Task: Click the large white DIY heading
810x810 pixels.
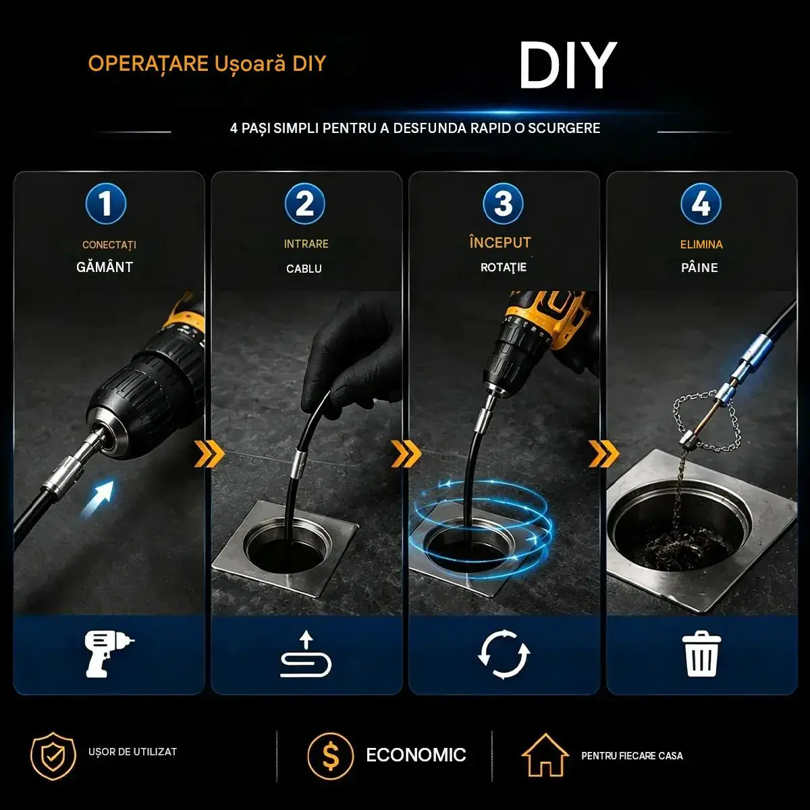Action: tap(568, 65)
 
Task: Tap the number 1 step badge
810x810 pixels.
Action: tap(105, 204)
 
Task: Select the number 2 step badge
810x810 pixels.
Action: tap(304, 204)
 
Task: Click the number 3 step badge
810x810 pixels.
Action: tap(503, 204)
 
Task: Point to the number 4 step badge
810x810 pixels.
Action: tap(701, 204)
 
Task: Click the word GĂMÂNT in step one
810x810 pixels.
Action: tap(105, 267)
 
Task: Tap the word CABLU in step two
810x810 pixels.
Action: tap(304, 269)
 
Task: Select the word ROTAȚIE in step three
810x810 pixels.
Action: tap(503, 267)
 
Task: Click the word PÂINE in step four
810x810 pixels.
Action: tap(699, 267)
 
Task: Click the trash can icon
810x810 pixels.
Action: tap(701, 654)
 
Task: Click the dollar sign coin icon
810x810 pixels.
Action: tap(330, 755)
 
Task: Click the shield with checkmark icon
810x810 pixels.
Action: tap(53, 756)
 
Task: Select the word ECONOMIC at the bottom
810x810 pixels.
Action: tap(416, 755)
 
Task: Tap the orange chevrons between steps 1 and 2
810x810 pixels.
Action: tap(209, 454)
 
